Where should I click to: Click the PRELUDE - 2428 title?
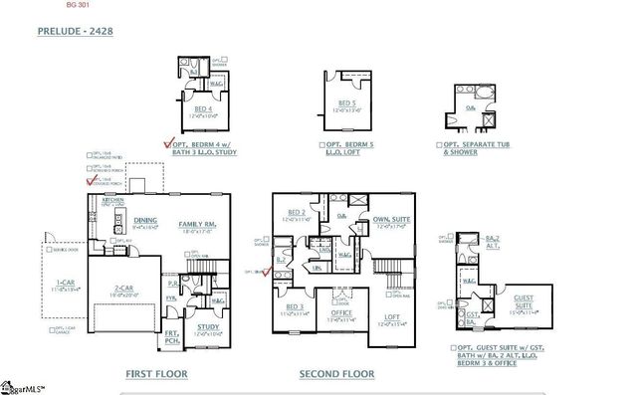pyautogui.click(x=75, y=32)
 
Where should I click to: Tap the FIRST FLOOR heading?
pyautogui.click(x=158, y=374)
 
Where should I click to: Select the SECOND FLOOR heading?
pyautogui.click(x=336, y=374)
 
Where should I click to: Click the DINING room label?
pyautogui.click(x=145, y=221)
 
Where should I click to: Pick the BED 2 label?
pyautogui.click(x=297, y=213)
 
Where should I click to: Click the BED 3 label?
pyautogui.click(x=295, y=306)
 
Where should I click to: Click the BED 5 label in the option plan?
pyautogui.click(x=346, y=103)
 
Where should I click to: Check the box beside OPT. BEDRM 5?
pyautogui.click(x=321, y=144)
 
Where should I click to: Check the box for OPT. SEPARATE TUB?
pyautogui.click(x=438, y=144)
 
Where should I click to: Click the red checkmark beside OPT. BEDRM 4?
pyautogui.click(x=168, y=142)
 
